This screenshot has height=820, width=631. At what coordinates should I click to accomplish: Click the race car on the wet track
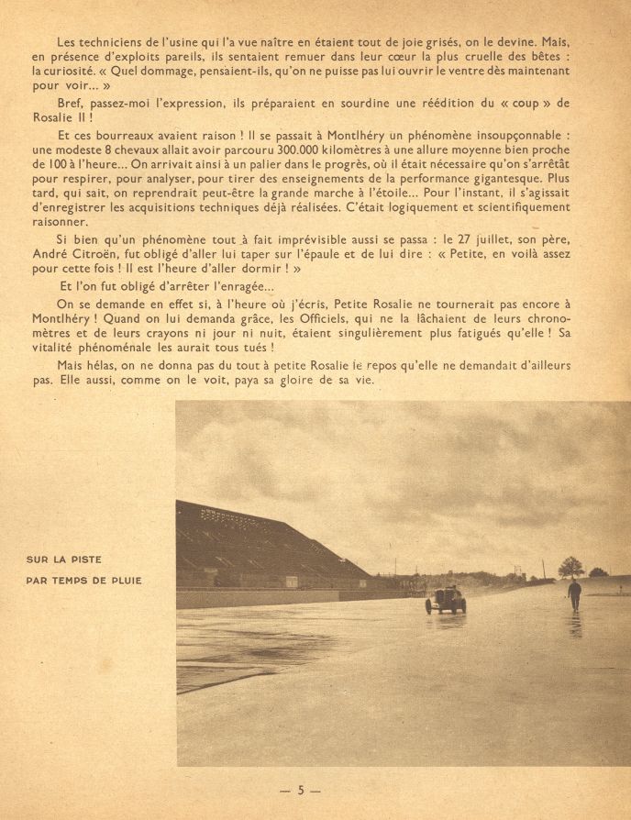[446, 601]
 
